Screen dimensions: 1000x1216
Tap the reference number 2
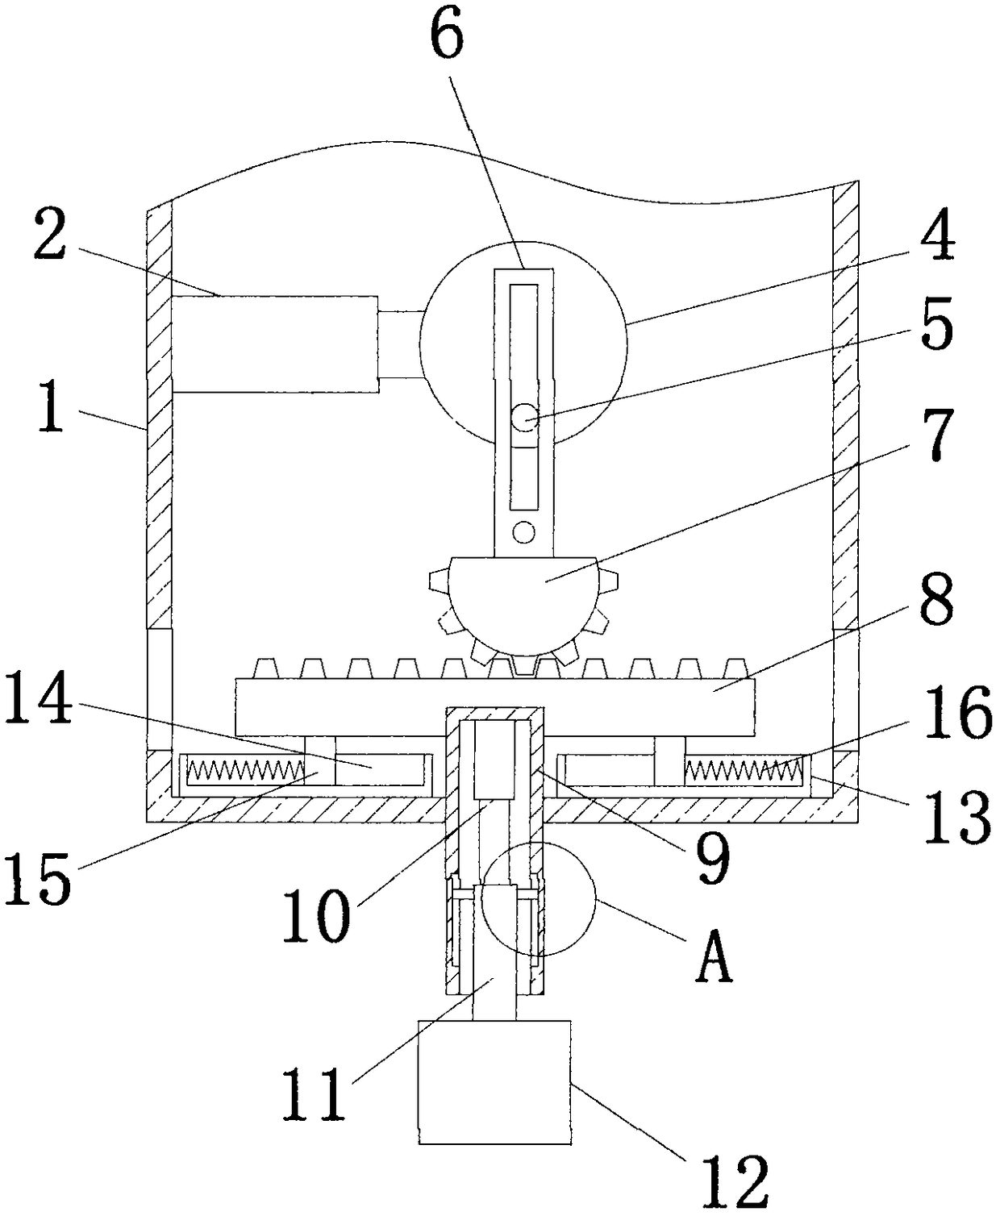(x=51, y=234)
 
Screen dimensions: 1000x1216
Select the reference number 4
(x=938, y=235)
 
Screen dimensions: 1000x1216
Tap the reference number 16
(x=957, y=713)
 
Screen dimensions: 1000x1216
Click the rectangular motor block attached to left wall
(x=275, y=344)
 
